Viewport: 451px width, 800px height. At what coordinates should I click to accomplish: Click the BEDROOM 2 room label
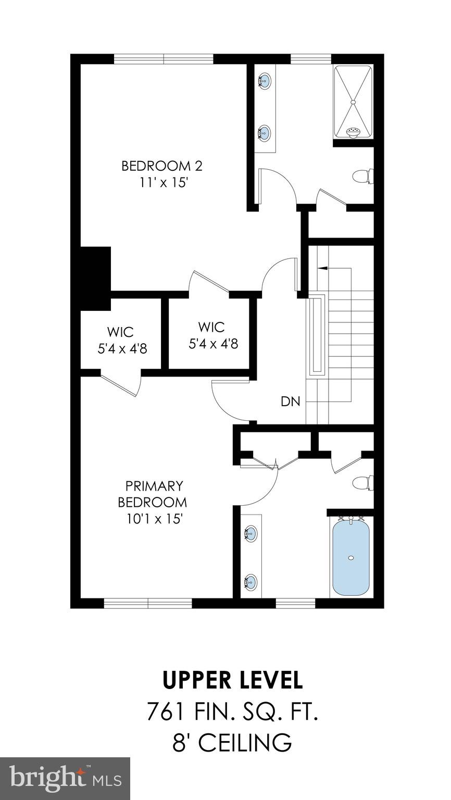coord(161,166)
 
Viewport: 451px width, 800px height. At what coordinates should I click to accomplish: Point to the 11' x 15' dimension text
coord(161,183)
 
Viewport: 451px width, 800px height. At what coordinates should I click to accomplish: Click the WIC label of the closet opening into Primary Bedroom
coord(121,332)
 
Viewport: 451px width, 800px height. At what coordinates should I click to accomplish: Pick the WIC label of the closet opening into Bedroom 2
coord(211,327)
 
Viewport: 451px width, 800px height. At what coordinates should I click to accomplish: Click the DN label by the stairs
coord(290,402)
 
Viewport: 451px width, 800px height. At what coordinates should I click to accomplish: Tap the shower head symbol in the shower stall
coord(353,132)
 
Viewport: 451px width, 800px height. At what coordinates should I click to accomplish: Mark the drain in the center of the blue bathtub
coord(351,558)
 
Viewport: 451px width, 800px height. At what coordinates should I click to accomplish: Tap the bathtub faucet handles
coord(351,518)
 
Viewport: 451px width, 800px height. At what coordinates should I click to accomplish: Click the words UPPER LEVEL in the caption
coord(232,680)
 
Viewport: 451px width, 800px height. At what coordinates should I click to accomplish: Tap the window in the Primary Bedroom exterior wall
coord(148,603)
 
